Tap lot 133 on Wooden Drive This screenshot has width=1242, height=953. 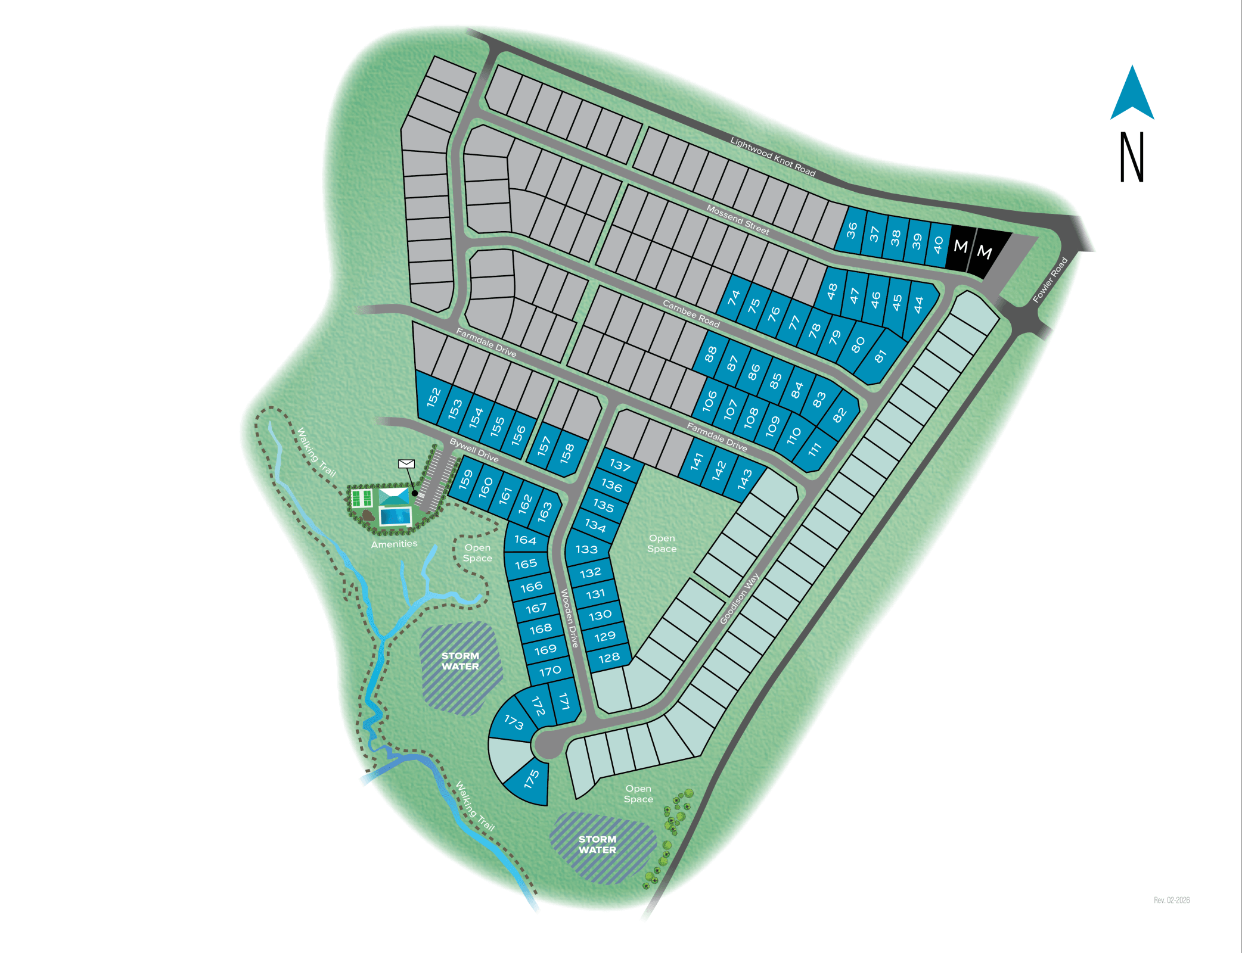[586, 549]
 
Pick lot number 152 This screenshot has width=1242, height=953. [433, 396]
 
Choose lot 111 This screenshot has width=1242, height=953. [815, 449]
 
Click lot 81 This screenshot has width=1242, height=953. [880, 356]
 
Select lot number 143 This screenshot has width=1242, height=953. [745, 479]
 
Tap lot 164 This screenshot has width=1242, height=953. [525, 540]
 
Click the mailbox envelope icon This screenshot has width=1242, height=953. [406, 463]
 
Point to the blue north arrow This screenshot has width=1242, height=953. [1132, 95]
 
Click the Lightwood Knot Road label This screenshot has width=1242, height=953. [772, 157]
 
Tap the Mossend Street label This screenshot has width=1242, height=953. [738, 219]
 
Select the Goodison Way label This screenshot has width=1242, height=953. [739, 599]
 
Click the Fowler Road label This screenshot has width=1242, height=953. [1050, 280]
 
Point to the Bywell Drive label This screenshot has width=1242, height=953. [474, 450]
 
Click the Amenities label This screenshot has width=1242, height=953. [394, 544]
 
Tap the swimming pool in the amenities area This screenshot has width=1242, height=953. [396, 515]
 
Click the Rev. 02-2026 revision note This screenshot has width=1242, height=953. [1171, 900]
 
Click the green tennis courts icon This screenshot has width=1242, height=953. [362, 498]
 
